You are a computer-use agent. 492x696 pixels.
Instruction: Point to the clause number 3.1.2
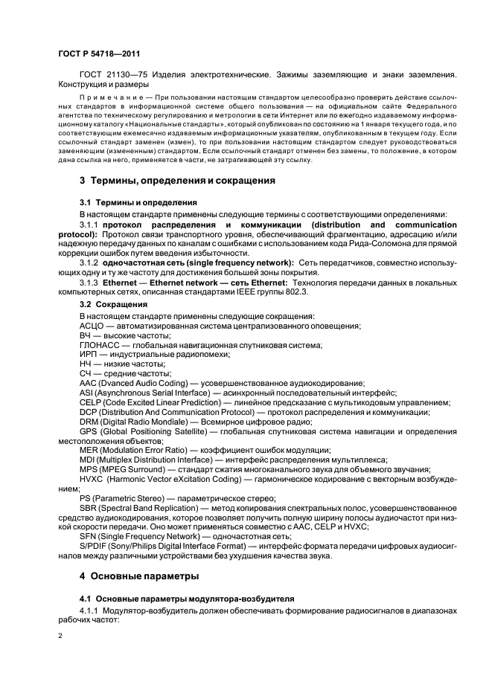coord(89,262)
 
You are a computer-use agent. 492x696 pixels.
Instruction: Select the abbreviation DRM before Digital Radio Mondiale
coord(89,422)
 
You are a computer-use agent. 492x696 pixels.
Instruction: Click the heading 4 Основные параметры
coord(138,576)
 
